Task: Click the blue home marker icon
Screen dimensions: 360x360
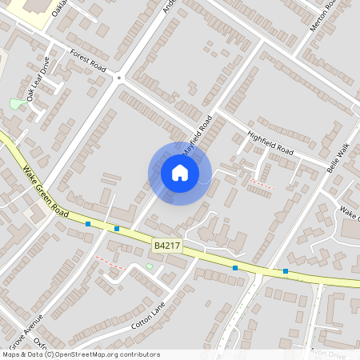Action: coord(180,173)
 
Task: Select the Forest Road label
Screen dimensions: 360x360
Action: coord(88,62)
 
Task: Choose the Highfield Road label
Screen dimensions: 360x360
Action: coord(270,142)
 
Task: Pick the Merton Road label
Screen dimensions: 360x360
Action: coord(320,17)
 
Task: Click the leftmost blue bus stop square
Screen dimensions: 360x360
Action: coord(88,224)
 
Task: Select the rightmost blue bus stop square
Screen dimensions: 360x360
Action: coord(286,271)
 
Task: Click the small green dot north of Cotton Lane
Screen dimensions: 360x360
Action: coord(149,266)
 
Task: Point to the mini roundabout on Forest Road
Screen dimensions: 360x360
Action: coord(119,78)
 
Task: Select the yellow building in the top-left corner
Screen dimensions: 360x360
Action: coord(32,10)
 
